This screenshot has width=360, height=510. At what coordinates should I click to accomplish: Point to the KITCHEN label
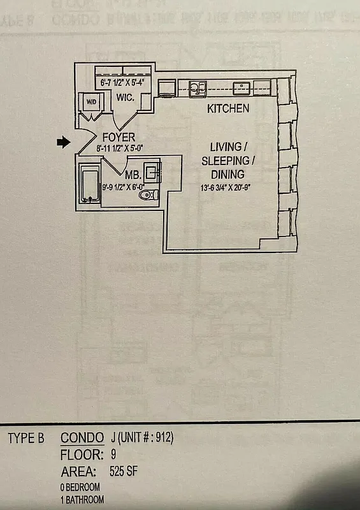pyautogui.click(x=228, y=108)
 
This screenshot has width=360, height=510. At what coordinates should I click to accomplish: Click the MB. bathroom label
pyautogui.click(x=133, y=175)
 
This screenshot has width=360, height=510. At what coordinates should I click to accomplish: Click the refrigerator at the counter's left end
pyautogui.click(x=167, y=89)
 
